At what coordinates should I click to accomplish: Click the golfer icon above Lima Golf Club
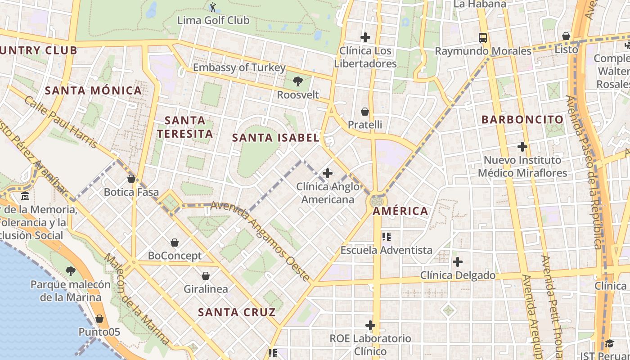click(x=213, y=7)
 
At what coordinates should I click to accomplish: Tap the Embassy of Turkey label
click(x=239, y=67)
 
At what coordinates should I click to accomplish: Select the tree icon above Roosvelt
click(x=297, y=81)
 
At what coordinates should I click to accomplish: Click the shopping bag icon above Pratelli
click(x=365, y=111)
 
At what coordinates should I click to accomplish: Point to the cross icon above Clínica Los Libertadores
click(x=365, y=37)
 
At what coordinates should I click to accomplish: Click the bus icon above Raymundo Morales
click(x=483, y=37)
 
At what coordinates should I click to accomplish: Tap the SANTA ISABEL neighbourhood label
click(x=276, y=138)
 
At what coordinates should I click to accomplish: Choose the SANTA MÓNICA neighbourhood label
click(x=94, y=90)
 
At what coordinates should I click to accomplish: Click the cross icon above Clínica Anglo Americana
click(x=328, y=173)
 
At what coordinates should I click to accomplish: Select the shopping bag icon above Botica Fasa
click(x=131, y=179)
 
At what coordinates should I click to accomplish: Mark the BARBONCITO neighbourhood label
click(x=522, y=120)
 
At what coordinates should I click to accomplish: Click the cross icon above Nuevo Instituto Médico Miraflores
click(x=522, y=146)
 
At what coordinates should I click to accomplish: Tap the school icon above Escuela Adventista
click(x=386, y=236)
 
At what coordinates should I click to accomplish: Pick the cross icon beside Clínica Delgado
click(x=458, y=261)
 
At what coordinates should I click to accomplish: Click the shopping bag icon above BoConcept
click(x=175, y=243)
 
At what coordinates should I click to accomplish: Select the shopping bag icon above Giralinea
click(x=206, y=275)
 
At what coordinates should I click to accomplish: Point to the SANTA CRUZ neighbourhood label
click(x=237, y=312)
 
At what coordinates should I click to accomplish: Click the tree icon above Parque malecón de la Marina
click(x=70, y=271)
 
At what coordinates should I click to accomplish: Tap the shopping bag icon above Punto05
click(x=99, y=319)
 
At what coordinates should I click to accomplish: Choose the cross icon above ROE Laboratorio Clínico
click(x=370, y=325)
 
